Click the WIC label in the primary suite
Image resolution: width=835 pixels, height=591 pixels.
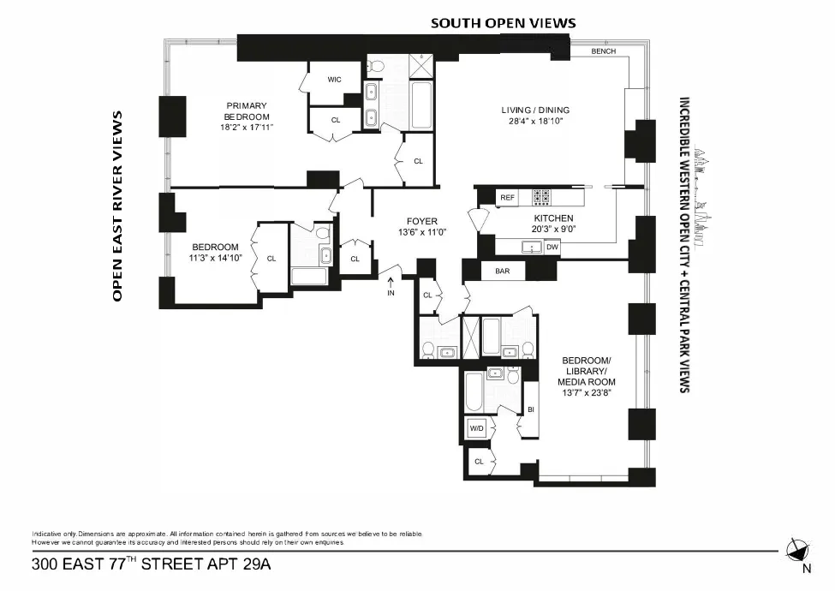click(334, 80)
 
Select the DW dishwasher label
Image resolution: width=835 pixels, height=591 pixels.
click(552, 248)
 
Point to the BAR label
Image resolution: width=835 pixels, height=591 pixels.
click(503, 272)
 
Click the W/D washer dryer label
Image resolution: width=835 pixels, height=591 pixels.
click(476, 428)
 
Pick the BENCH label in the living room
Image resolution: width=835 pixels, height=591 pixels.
click(604, 51)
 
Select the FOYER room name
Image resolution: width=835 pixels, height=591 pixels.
click(422, 221)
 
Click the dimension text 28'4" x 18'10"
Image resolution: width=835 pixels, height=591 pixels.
click(535, 122)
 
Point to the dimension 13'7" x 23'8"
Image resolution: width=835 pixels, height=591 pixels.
click(586, 393)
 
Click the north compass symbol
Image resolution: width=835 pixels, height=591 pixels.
click(798, 550)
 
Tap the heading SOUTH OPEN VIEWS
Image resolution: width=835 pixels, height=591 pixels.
click(503, 23)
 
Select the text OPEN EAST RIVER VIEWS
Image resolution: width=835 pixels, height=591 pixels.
click(118, 206)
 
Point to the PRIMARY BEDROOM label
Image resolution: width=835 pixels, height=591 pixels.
click(247, 111)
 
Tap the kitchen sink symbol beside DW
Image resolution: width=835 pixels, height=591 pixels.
click(533, 248)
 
